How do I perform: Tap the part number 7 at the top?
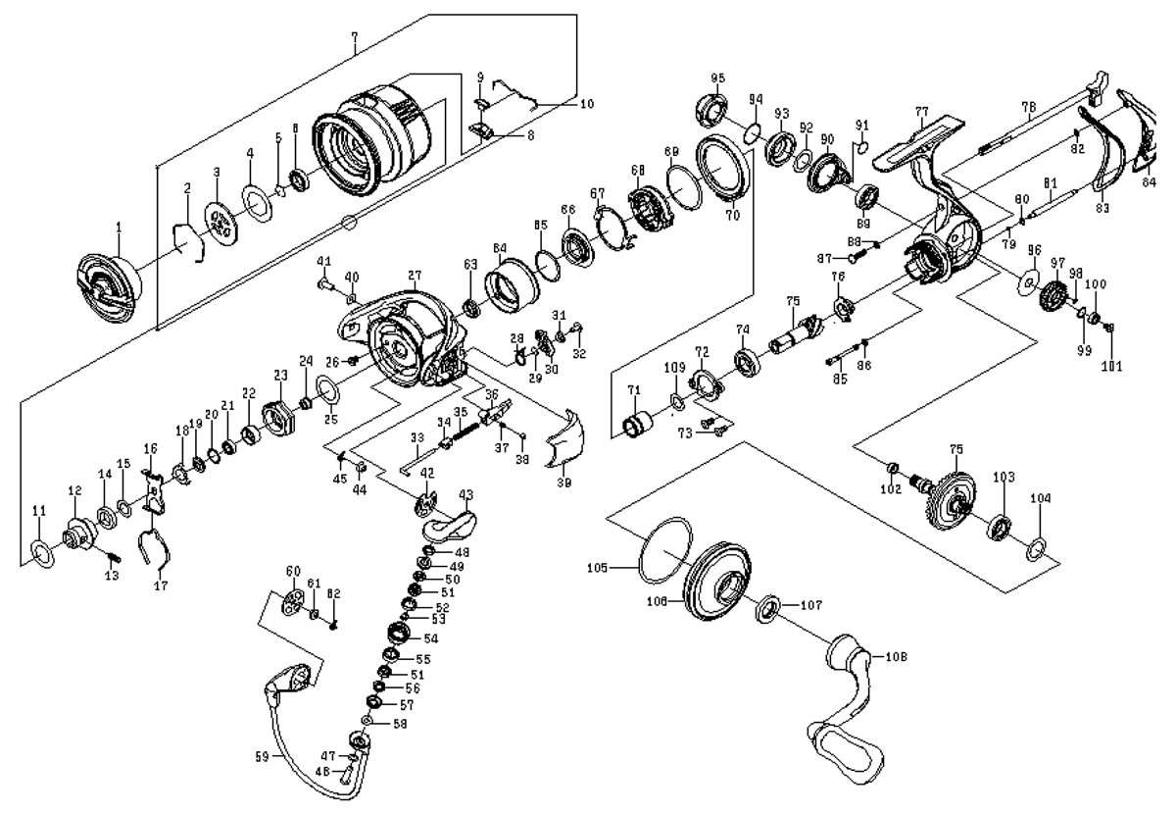tap(355, 36)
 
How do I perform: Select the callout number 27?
tap(415, 277)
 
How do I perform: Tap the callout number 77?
tap(919, 112)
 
